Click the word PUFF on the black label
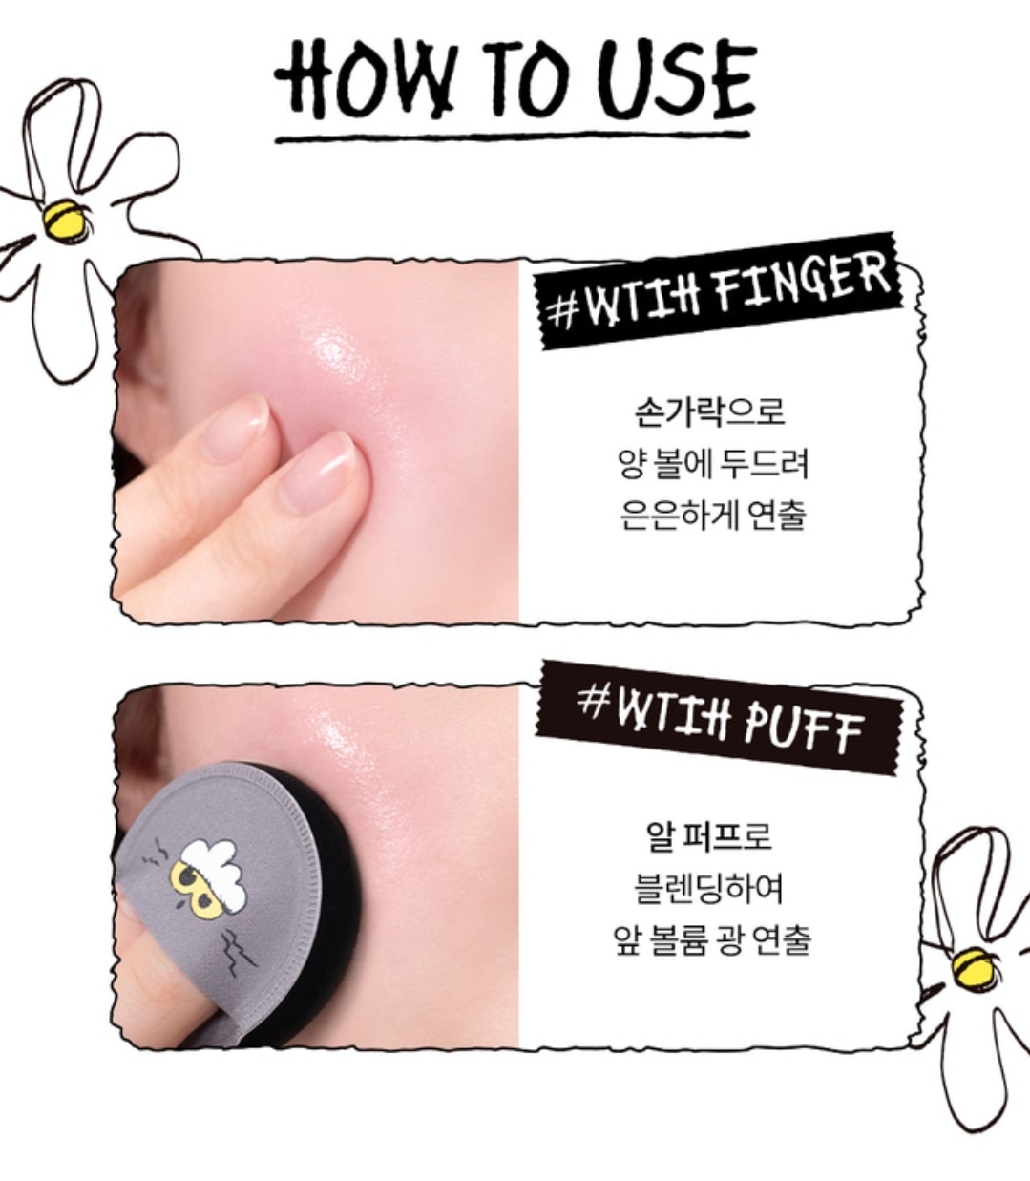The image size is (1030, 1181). (803, 732)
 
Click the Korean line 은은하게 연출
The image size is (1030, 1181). (712, 515)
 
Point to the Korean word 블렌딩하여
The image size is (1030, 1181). (709, 888)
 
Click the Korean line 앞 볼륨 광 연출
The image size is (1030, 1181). (711, 940)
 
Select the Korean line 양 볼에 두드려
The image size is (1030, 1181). (712, 463)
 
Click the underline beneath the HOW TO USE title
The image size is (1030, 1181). (513, 137)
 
